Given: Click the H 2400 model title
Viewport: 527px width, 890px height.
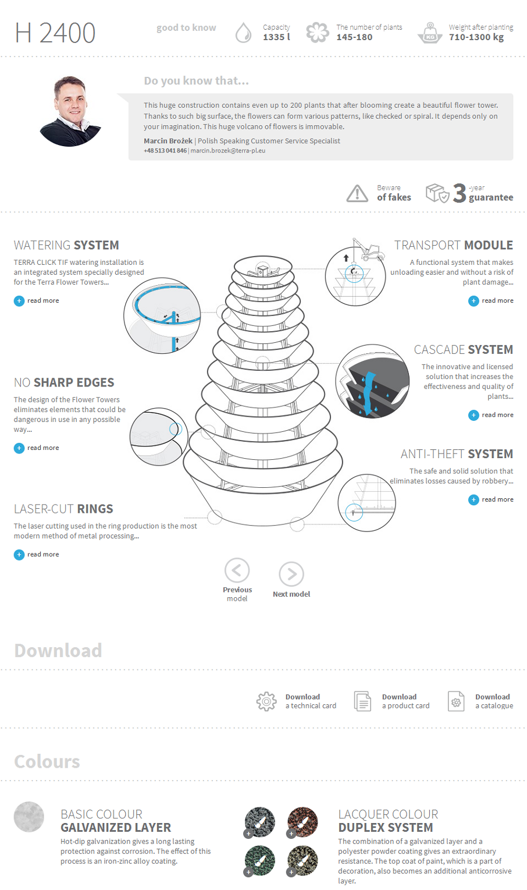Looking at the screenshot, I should coord(55,33).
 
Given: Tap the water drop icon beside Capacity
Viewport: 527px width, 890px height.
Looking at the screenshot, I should coord(243,33).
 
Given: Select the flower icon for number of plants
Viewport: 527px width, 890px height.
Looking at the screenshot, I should coord(317,33).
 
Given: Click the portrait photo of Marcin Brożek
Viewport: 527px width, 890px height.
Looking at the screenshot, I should coord(70,111).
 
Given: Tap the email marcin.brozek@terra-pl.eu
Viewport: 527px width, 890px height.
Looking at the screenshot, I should coord(228,151).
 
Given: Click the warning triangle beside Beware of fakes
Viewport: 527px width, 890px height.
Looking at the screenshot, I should coord(357,193).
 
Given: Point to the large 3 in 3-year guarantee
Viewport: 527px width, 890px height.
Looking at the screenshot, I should coord(460,193).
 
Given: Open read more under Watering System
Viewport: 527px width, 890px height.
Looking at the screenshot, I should coord(37,301).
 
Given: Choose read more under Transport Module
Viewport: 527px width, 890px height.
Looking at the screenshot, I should coord(491,301).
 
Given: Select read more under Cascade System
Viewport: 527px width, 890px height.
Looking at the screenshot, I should coord(491,415).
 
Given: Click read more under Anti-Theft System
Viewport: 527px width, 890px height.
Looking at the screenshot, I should coord(491,499).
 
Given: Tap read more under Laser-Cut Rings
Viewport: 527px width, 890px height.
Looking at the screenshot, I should coord(37,555).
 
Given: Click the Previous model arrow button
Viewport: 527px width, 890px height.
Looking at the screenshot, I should coord(237,570).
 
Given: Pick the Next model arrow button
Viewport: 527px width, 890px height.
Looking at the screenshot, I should coord(291,574).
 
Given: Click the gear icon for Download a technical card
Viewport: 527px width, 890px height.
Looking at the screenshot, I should coord(266,701).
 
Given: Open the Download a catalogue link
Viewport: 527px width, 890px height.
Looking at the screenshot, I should coord(493,701).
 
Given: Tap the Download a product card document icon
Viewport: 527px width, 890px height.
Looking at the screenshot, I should coord(362,701).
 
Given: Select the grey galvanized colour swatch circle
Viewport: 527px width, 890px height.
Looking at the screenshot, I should coord(29,817).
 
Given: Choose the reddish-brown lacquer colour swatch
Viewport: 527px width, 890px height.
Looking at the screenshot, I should coord(302,821).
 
